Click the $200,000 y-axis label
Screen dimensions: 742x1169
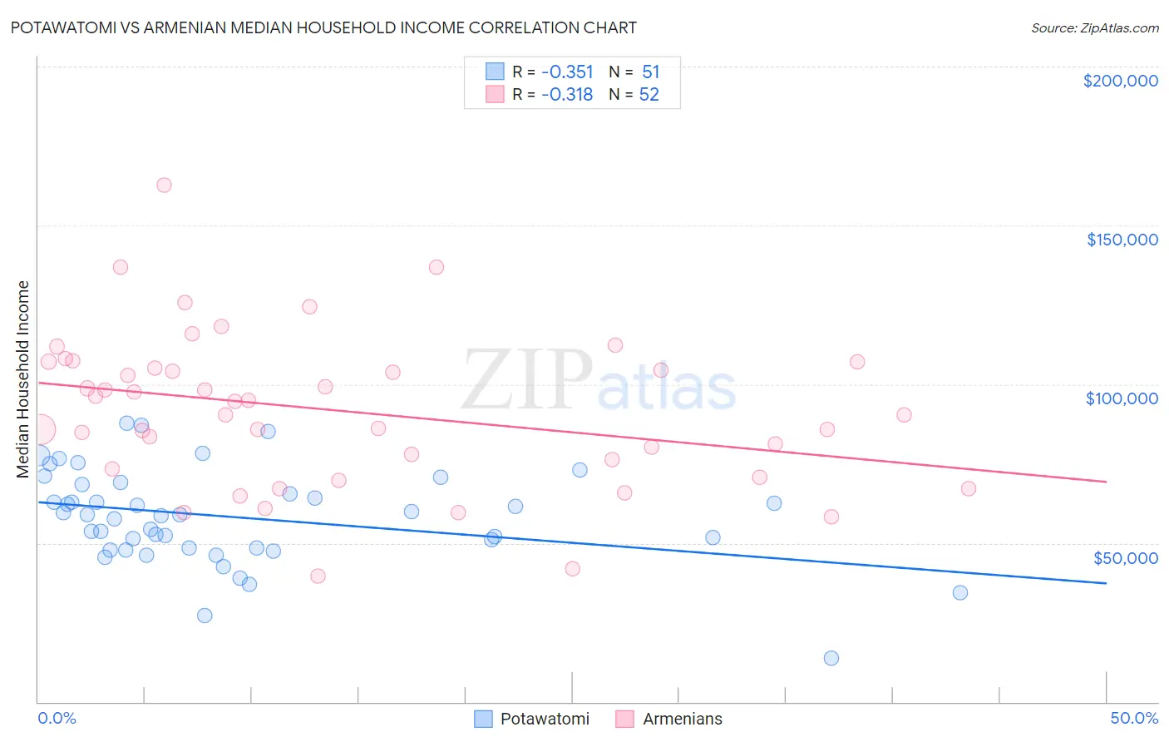pos(1120,81)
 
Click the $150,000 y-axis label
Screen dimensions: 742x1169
pos(1122,240)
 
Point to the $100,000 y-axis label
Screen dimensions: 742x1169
pos(1122,398)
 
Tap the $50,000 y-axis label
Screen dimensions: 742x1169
pos(1125,557)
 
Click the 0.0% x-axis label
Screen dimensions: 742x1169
pos(57,718)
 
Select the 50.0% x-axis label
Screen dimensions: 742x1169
pos(1134,718)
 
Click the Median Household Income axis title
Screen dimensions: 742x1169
pos(23,379)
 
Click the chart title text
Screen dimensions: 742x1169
pos(323,27)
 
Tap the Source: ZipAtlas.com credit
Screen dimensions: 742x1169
pos(1094,27)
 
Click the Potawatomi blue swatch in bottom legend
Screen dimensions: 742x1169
pos(483,719)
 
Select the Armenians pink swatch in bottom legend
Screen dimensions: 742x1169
pos(625,719)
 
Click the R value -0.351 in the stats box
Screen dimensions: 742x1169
pos(567,72)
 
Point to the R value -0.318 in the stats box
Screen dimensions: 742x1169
pos(567,95)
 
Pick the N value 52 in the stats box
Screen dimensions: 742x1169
pos(649,95)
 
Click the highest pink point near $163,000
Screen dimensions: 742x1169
pos(164,185)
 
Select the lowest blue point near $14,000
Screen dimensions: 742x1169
pos(831,658)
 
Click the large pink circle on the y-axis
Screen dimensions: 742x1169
pos(39,429)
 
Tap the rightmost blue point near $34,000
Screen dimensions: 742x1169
pos(960,592)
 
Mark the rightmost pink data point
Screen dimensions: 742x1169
pos(969,488)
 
